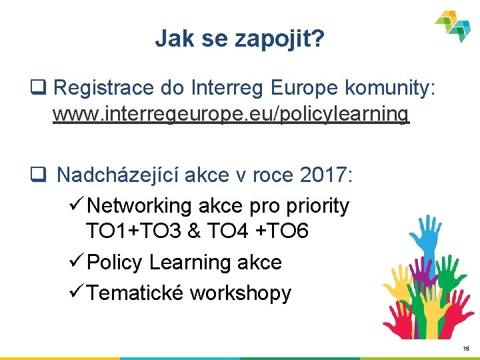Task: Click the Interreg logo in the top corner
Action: pyautogui.click(x=453, y=25)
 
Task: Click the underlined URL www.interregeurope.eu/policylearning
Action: pyautogui.click(x=231, y=114)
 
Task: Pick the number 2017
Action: pyautogui.click(x=323, y=175)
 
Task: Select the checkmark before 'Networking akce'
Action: pyautogui.click(x=74, y=205)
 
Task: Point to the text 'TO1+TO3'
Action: pyautogui.click(x=134, y=232)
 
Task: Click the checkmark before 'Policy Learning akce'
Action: pyautogui.click(x=74, y=261)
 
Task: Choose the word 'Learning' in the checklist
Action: pyautogui.click(x=181, y=263)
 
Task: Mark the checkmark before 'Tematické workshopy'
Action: pyautogui.click(x=74, y=292)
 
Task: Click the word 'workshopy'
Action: pyautogui.click(x=241, y=293)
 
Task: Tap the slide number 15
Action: pyautogui.click(x=466, y=349)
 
